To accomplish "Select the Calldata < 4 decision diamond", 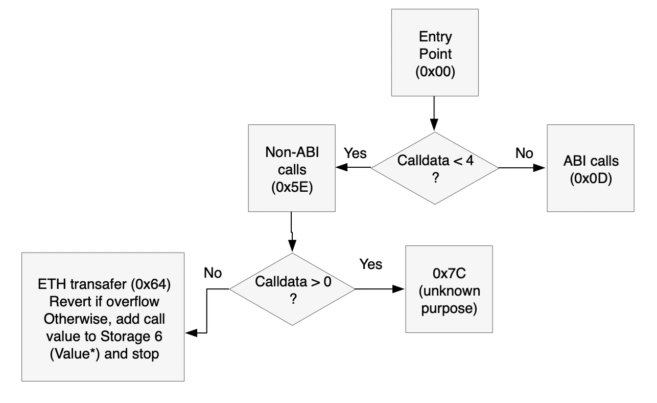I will point(434,167).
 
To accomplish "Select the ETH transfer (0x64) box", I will point(103,316).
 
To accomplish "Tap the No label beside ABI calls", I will point(524,153).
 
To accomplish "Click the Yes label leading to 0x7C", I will point(371,264).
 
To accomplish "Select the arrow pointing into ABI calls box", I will point(521,167).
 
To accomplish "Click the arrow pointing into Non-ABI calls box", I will point(353,167).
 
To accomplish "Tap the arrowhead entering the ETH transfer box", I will point(190,333).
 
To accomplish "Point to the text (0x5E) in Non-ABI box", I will point(290,188).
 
